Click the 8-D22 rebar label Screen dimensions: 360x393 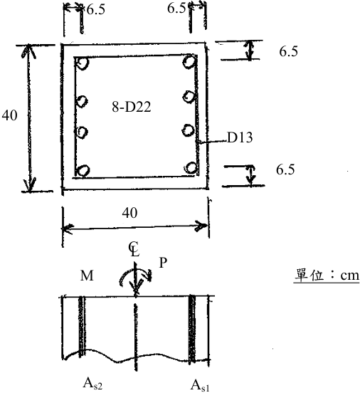click(x=132, y=107)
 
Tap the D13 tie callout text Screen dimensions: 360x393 click(x=240, y=137)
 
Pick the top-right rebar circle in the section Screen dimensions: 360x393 click(x=189, y=62)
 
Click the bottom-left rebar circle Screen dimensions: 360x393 click(x=83, y=170)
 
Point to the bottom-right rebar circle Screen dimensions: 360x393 click(x=191, y=168)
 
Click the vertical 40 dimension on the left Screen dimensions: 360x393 click(x=9, y=115)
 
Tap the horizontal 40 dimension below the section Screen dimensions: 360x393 click(x=129, y=213)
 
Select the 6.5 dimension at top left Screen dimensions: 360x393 click(x=96, y=10)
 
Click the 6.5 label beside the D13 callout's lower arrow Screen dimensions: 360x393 click(x=285, y=169)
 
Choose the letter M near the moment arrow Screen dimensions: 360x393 click(x=87, y=276)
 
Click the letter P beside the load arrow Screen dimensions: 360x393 click(x=163, y=263)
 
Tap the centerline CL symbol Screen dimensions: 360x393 click(x=134, y=249)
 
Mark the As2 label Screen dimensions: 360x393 click(x=92, y=384)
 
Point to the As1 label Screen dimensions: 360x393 click(x=200, y=385)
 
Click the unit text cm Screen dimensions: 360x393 click(x=350, y=276)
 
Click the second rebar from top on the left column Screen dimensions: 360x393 click(x=82, y=102)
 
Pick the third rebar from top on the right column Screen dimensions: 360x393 click(x=188, y=130)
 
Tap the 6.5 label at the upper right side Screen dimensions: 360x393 click(x=289, y=51)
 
